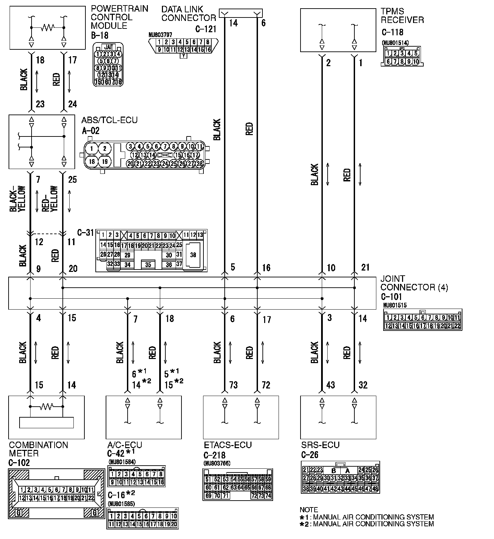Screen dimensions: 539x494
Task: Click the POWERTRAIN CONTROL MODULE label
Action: pos(119,17)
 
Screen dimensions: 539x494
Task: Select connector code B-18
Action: pos(99,35)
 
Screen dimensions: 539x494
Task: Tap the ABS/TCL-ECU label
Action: pos(109,120)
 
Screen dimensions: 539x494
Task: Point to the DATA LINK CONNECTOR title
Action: pos(188,14)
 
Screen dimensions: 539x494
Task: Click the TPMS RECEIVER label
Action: pos(402,16)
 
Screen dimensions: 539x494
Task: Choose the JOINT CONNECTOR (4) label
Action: pos(414,283)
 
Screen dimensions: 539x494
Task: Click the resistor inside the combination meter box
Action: pos(46,407)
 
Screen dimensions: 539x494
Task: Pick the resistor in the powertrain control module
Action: pos(47,27)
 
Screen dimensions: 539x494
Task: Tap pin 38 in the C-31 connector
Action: pos(193,255)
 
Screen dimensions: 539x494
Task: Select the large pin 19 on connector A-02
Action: pos(105,161)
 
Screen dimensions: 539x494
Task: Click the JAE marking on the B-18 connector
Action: pos(108,47)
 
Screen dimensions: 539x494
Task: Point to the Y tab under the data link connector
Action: pos(184,56)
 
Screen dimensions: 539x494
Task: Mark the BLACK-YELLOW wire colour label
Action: pos(17,199)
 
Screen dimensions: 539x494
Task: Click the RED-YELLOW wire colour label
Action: pos(50,199)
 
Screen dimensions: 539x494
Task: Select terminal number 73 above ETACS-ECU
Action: pos(233,385)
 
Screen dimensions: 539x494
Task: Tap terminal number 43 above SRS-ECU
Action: pos(330,385)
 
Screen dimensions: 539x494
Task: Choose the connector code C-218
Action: pos(214,455)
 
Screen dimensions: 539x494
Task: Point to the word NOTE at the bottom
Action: pos(309,510)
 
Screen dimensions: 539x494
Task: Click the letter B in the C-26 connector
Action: pos(333,471)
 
